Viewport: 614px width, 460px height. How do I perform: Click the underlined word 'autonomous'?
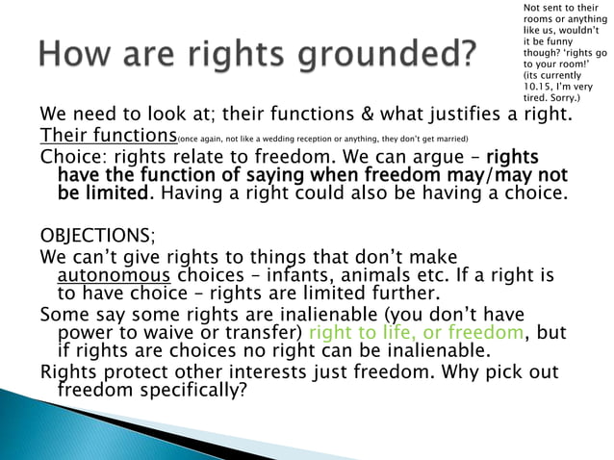(x=107, y=275)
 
